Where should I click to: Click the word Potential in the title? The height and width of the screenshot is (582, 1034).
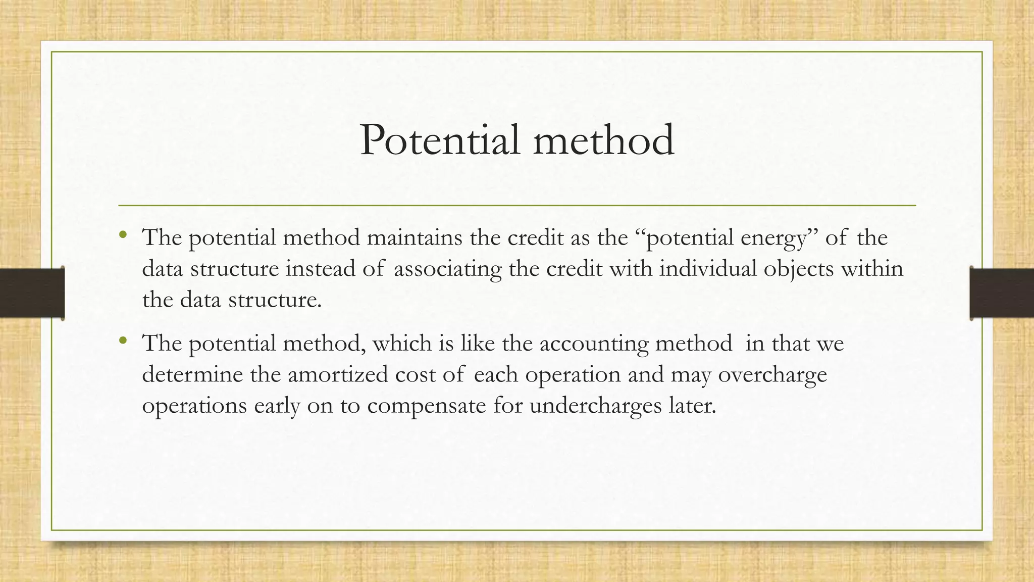(x=440, y=140)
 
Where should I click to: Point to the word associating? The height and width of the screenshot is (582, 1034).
(x=447, y=269)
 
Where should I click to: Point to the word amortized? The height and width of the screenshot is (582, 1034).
(x=338, y=375)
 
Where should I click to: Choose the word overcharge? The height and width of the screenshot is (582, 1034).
(x=772, y=375)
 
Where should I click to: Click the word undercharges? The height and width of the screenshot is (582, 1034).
(x=595, y=406)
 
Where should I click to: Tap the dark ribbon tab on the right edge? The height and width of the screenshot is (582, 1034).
(x=1002, y=293)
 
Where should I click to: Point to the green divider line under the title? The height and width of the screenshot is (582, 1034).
(x=517, y=206)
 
